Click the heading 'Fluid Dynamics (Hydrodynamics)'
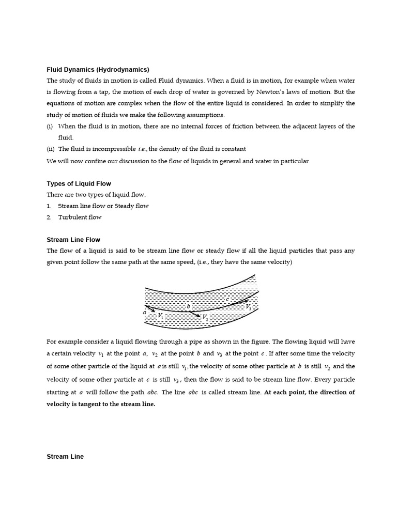pyautogui.click(x=98, y=69)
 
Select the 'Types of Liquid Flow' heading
pyautogui.click(x=79, y=183)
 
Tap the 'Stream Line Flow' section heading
pyautogui.click(x=73, y=240)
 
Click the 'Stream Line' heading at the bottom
pyautogui.click(x=65, y=457)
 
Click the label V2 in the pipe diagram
pyautogui.click(x=205, y=317)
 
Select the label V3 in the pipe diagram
pyautogui.click(x=249, y=307)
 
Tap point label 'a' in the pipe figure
pyautogui.click(x=144, y=312)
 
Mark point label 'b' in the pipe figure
pyautogui.click(x=188, y=306)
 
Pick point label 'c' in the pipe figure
pyautogui.click(x=227, y=299)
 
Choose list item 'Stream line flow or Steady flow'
pyautogui.click(x=103, y=206)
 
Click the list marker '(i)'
pyautogui.click(x=50, y=127)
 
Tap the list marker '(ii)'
pyautogui.click(x=51, y=149)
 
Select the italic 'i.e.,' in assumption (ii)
pyautogui.click(x=143, y=149)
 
